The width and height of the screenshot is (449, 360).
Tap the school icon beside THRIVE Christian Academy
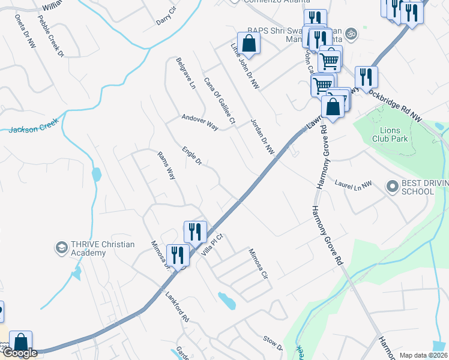(61, 247)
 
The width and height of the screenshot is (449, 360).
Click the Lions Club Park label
(394, 134)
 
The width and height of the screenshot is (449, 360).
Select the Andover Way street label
(200, 122)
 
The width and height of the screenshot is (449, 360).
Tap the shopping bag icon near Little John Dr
(247, 43)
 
